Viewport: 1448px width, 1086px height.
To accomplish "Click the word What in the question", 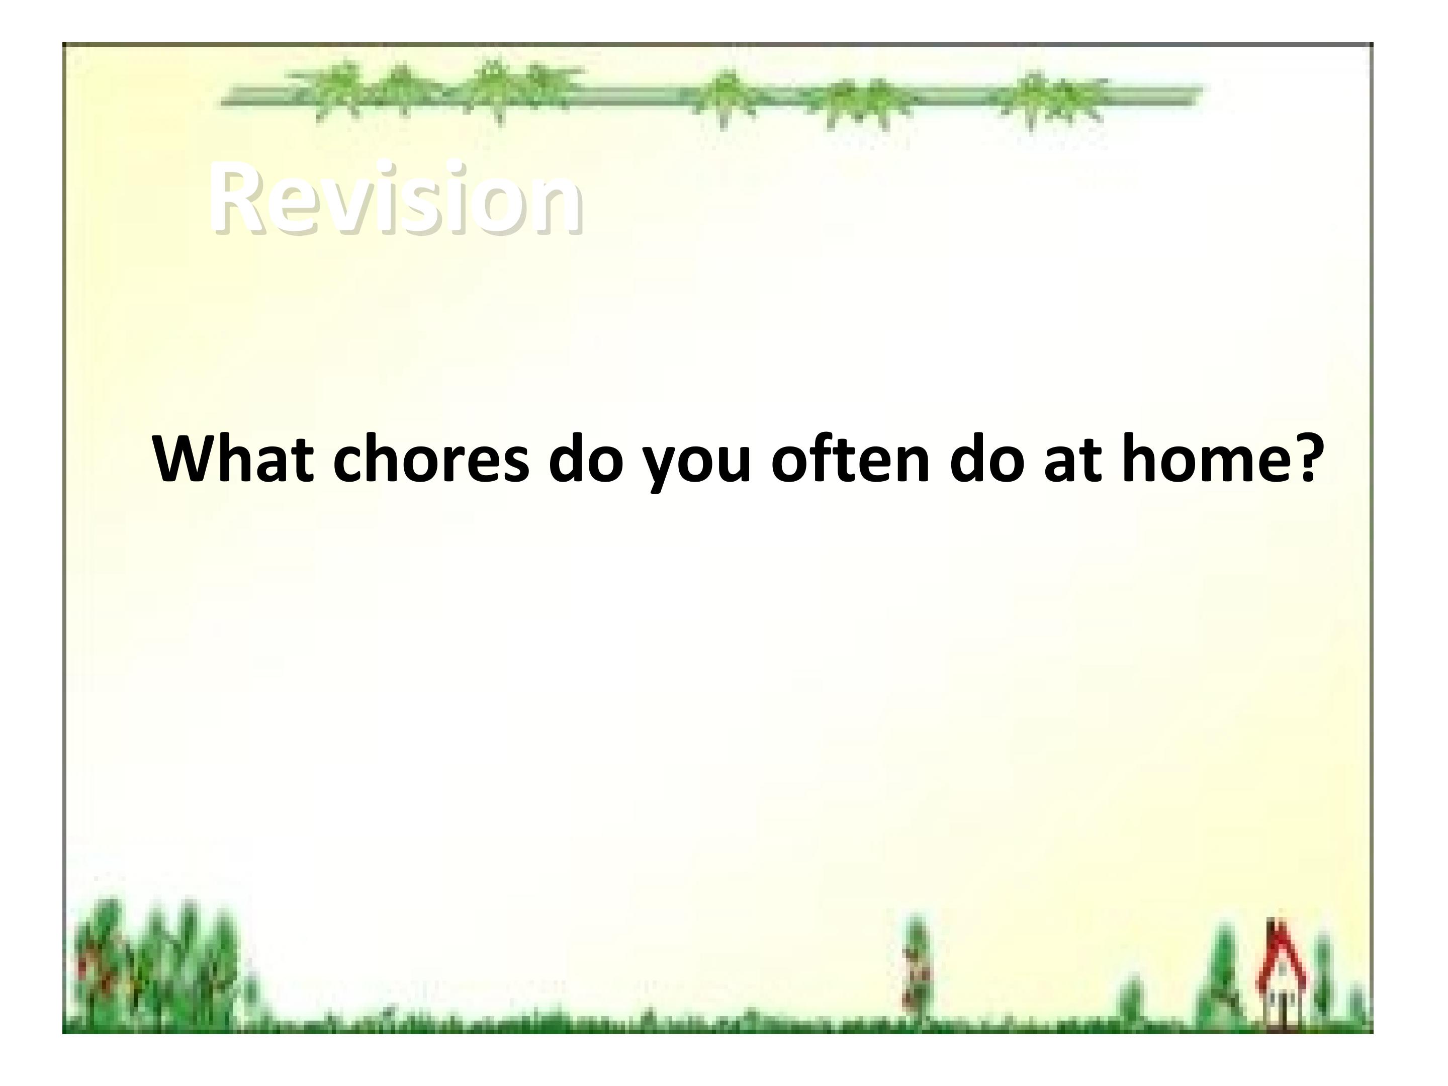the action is (x=232, y=459).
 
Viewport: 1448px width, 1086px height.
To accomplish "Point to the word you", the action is (x=695, y=466).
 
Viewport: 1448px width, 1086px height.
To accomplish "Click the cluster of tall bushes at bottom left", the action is (x=157, y=962).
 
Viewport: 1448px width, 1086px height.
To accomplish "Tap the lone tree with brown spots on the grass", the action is (x=917, y=969).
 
